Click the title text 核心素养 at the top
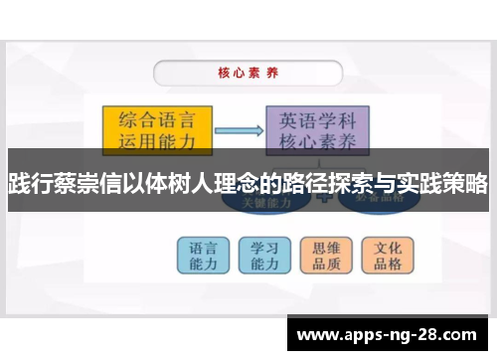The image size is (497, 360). click(x=247, y=73)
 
